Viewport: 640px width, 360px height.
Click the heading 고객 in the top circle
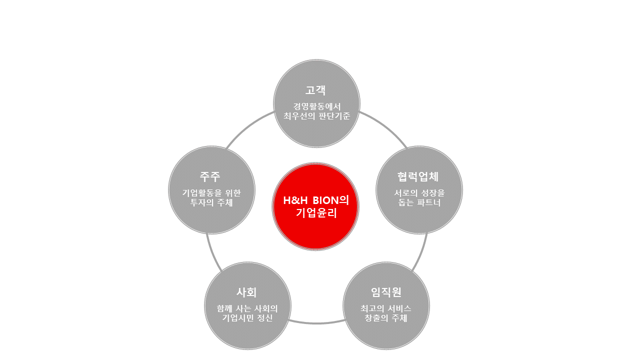316,90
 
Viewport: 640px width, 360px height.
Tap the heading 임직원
386,292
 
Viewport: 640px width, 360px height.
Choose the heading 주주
210,176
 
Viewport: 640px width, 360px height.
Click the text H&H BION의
315,200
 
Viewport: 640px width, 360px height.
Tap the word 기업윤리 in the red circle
315,213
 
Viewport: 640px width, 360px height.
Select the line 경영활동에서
316,106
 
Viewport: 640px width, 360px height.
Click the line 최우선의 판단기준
316,116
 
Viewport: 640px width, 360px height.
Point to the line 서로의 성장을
419,192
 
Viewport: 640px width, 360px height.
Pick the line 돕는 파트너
419,203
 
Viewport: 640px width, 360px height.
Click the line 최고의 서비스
386,308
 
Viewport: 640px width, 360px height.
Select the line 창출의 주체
386,318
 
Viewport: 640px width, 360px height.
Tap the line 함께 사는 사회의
247,308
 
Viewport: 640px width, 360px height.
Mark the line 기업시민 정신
247,318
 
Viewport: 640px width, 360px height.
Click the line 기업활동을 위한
211,192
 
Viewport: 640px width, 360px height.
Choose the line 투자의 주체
211,203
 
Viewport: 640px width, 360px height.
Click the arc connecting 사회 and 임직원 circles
316,323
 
